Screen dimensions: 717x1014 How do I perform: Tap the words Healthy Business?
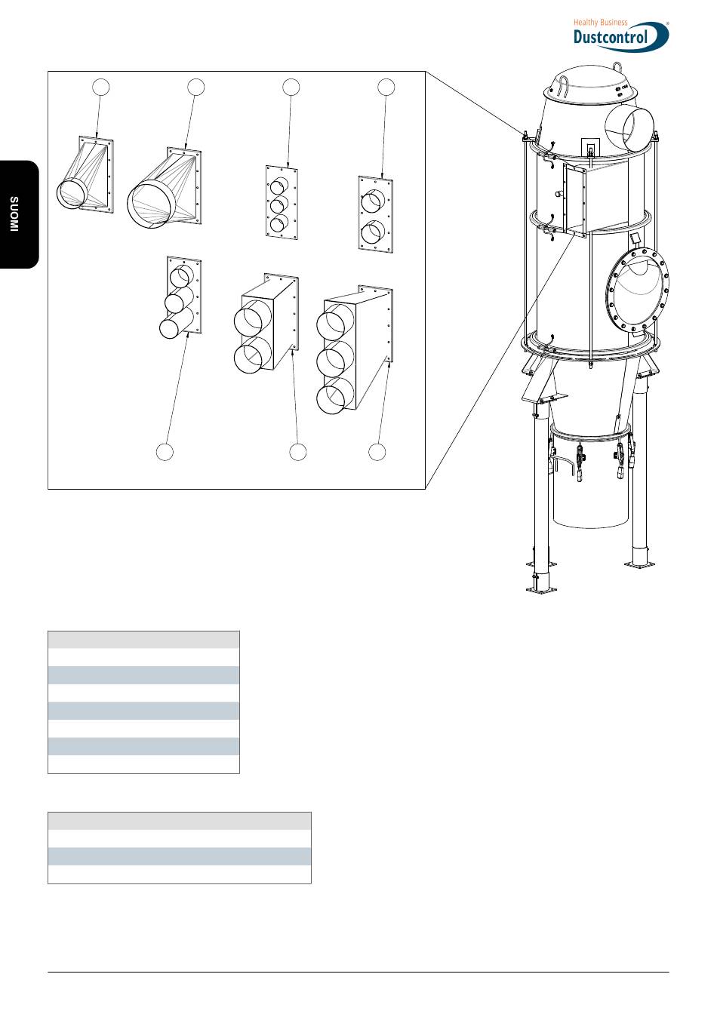[600, 23]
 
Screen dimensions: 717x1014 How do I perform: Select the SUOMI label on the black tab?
[15, 214]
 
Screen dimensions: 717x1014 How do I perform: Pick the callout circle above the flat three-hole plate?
[291, 87]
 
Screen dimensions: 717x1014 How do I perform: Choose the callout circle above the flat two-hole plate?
[386, 87]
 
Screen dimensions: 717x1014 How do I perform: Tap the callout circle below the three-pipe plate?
[165, 452]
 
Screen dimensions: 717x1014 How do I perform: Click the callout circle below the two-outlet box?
[298, 452]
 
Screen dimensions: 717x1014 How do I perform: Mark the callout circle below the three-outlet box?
[377, 452]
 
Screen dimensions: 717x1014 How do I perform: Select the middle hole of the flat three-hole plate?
[279, 204]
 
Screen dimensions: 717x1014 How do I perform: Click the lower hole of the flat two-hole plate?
[371, 232]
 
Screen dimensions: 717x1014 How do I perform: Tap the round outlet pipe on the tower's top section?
[629, 129]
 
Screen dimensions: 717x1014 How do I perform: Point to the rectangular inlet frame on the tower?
[575, 199]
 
